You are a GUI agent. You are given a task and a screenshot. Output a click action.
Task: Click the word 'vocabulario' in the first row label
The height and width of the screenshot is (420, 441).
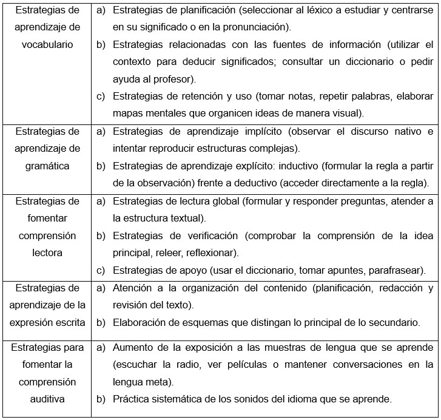pos(47,44)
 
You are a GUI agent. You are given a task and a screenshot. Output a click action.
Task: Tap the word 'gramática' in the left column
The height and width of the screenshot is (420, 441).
pos(47,166)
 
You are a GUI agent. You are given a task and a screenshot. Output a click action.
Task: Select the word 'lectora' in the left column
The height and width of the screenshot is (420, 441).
pos(47,252)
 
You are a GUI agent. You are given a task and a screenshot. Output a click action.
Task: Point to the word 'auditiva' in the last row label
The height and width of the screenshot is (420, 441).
pos(47,399)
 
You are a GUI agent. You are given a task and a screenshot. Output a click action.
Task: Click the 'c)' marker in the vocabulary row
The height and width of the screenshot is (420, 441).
pos(101,96)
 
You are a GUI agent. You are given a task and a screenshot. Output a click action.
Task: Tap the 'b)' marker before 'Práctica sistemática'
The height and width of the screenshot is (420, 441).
pos(101,399)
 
